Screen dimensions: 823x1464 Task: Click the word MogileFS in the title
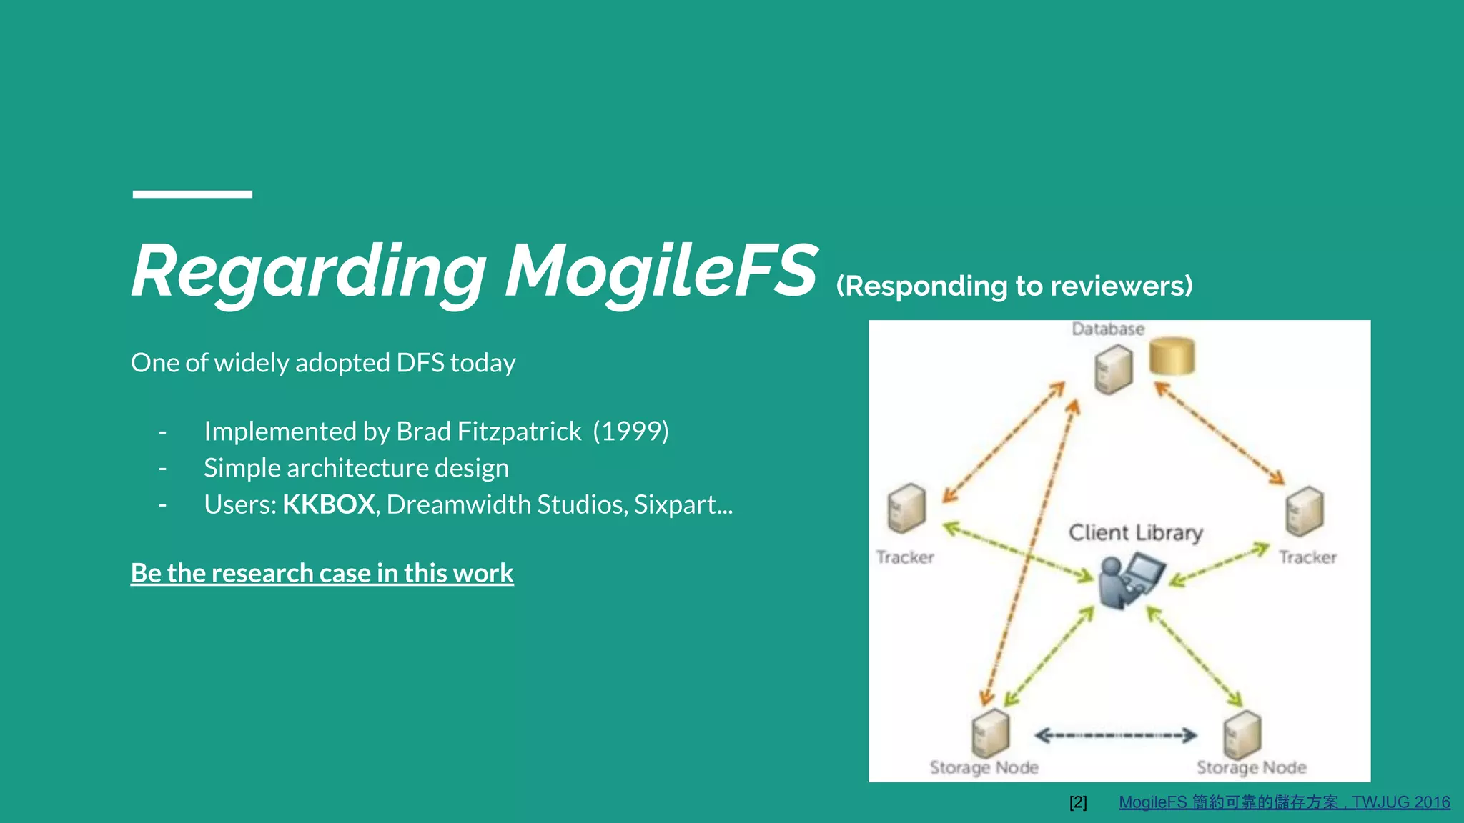[661, 271]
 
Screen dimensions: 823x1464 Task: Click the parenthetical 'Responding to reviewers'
[1014, 286]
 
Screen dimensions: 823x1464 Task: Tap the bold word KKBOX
[328, 504]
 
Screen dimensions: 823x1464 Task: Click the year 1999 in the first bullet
[630, 432]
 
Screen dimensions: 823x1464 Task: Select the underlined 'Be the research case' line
[322, 573]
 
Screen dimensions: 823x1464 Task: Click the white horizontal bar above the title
[192, 194]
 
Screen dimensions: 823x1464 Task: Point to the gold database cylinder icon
[1172, 356]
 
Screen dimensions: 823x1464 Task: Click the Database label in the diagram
[1107, 329]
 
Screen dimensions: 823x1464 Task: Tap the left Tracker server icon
[906, 509]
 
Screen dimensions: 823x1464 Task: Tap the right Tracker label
[1307, 557]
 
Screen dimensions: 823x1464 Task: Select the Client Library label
[1135, 533]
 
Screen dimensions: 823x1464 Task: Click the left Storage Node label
[984, 767]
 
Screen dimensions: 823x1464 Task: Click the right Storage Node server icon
[1242, 734]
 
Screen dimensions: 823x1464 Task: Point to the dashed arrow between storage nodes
[1115, 735]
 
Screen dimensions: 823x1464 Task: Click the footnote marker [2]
[1078, 802]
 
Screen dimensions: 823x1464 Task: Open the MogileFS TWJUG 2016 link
[1284, 802]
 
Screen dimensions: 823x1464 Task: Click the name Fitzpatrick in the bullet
[519, 432]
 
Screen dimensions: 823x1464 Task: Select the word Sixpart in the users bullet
[676, 504]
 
